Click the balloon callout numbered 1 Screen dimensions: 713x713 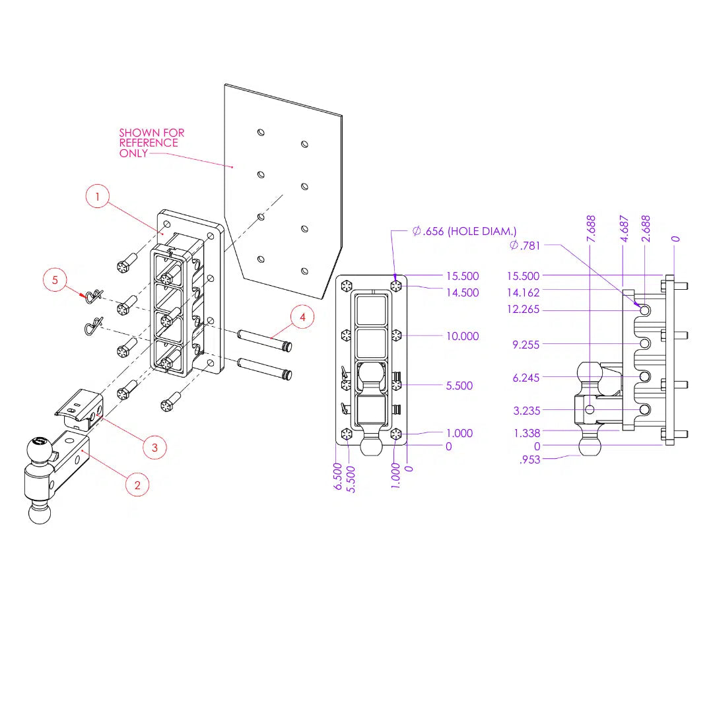tap(98, 197)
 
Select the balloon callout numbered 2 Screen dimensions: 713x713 tap(137, 485)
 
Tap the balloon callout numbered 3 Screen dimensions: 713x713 tap(154, 447)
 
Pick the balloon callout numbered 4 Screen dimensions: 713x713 tap(302, 318)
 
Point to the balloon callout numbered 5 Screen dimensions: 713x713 tap(55, 280)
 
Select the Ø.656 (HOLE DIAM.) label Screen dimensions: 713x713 tap(464, 231)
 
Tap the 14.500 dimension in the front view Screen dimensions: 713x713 tap(462, 292)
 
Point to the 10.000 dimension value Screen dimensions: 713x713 tap(462, 336)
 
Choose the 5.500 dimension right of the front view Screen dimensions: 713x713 tap(459, 386)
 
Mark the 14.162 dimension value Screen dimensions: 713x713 tap(523, 292)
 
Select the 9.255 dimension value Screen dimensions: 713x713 tap(526, 344)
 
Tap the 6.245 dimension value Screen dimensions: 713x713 tap(526, 378)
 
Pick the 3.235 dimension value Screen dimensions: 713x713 tap(526, 411)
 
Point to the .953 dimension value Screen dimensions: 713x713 tap(530, 459)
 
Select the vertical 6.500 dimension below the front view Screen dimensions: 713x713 tap(338, 475)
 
